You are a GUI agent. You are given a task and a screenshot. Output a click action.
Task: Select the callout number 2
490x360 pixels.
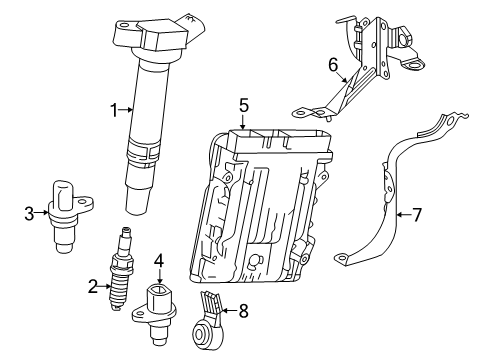[92, 287]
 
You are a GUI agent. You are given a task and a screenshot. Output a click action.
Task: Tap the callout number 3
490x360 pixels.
[29, 211]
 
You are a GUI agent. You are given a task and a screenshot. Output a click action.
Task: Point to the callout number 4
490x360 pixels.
[158, 260]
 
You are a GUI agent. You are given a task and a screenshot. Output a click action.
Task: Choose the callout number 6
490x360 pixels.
[333, 65]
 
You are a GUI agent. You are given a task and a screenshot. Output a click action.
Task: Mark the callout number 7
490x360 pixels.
[418, 213]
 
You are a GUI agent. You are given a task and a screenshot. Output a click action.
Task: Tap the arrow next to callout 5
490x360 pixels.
[242, 120]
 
